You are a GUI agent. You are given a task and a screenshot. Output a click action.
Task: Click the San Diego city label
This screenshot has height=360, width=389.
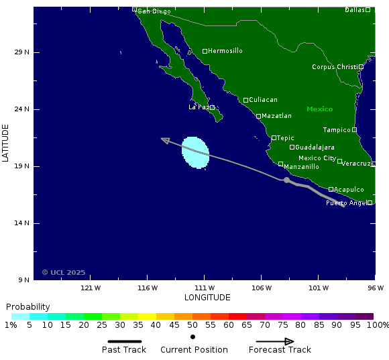154,11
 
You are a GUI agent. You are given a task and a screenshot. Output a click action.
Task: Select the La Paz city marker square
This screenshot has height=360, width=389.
212,107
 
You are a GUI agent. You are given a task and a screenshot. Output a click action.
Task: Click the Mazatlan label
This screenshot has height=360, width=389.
276,116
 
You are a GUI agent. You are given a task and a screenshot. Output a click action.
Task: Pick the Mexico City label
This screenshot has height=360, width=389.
317,158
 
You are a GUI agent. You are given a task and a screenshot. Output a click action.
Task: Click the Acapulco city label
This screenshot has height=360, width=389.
349,190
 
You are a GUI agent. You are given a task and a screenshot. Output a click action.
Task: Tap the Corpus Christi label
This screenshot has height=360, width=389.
335,67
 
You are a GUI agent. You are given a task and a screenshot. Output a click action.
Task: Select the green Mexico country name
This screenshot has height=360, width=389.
319,109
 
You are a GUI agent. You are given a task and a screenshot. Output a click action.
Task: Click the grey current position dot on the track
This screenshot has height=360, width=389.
286,180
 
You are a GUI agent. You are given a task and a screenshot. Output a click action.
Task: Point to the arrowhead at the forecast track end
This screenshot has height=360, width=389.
164,139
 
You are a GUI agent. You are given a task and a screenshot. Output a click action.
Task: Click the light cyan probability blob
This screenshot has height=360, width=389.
195,152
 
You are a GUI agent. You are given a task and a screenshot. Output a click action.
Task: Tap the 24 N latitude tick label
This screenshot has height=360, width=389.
22,109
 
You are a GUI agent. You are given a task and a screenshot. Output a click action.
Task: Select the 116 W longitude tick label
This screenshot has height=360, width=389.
148,288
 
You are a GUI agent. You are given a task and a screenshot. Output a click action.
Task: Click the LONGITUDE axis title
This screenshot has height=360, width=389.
207,298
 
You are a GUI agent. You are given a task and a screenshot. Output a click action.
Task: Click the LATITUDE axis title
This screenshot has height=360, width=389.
5,142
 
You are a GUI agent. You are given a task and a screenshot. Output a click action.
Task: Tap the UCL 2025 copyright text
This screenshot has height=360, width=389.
64,272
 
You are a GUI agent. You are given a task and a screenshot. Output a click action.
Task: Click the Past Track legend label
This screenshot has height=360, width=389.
124,349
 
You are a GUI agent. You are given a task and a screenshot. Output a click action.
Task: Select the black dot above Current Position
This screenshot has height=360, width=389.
192,337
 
